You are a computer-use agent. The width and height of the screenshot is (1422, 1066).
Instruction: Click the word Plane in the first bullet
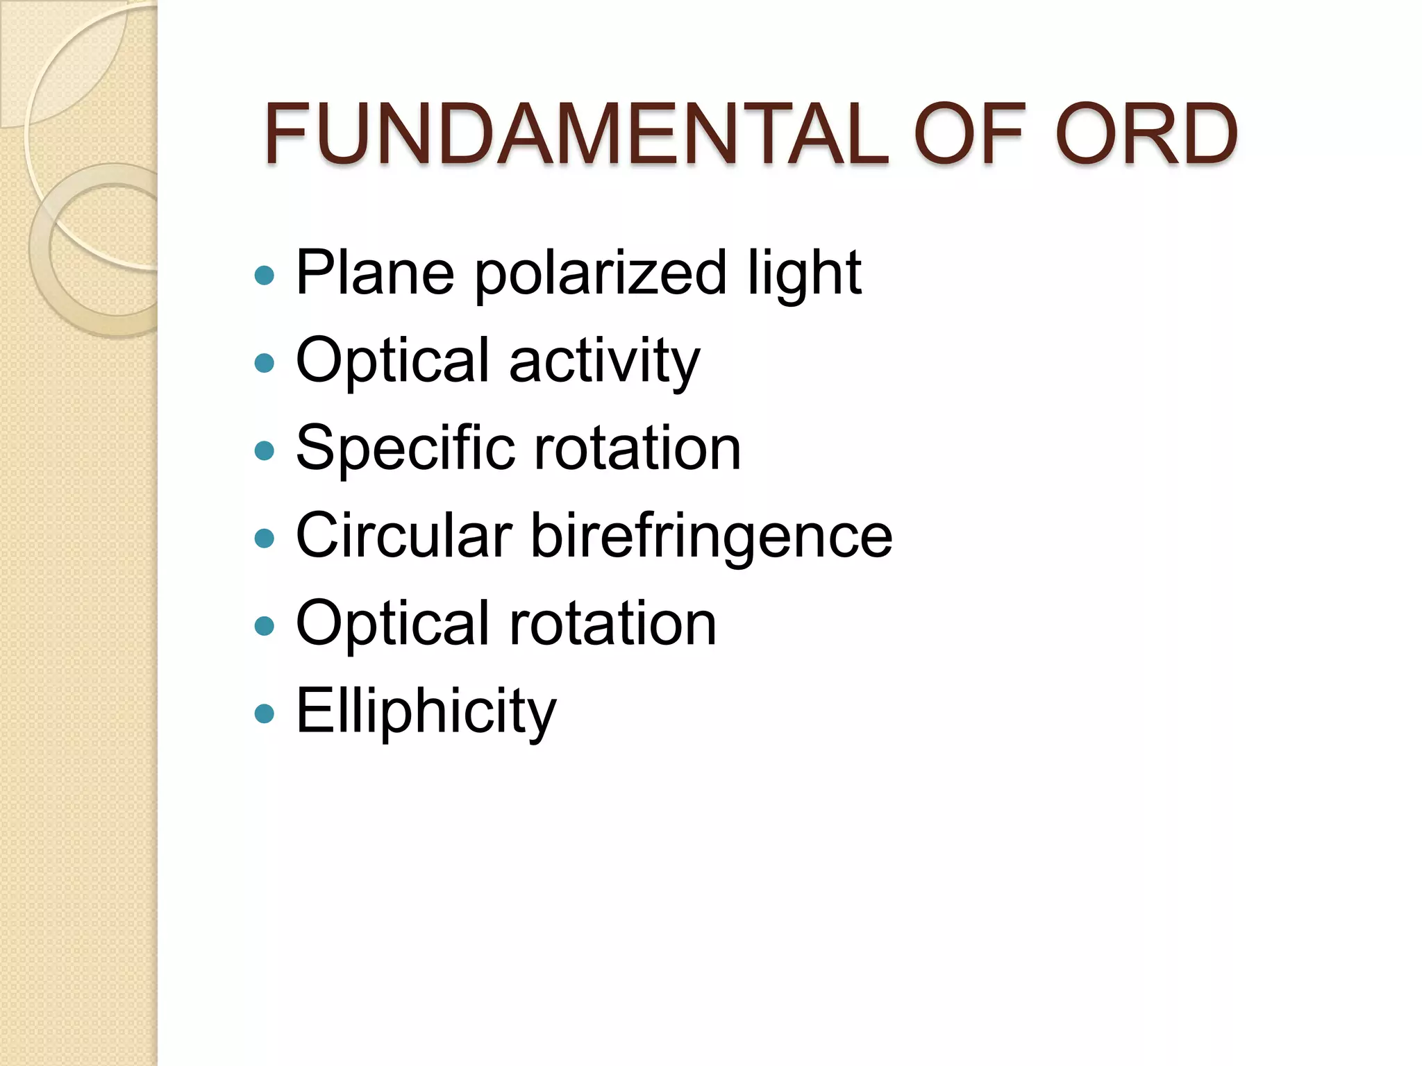click(375, 273)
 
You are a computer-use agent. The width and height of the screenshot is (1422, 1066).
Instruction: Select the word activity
click(604, 362)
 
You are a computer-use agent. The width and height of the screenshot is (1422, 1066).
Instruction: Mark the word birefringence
click(712, 536)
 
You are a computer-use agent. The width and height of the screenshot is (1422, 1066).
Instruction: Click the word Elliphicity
click(426, 711)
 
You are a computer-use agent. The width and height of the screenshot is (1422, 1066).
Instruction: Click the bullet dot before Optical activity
click(265, 363)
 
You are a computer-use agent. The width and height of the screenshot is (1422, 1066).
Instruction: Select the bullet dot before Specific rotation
click(265, 451)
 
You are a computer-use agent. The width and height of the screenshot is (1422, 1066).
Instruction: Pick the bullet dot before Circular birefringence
click(265, 538)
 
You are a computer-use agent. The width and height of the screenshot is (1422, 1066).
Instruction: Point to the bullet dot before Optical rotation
click(265, 626)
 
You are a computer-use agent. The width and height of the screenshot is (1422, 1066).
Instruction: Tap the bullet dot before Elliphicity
click(265, 713)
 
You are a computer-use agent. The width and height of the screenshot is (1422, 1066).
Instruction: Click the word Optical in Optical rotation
click(393, 624)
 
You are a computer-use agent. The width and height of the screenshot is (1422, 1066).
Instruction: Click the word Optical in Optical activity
click(393, 362)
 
